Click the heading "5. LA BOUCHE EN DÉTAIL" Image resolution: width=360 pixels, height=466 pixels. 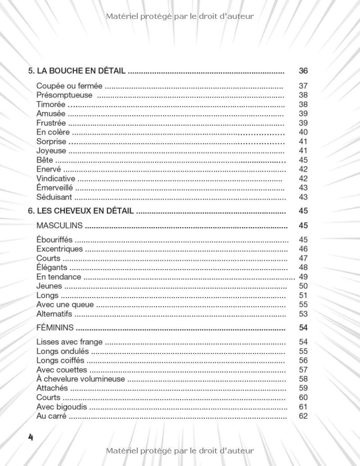(77, 71)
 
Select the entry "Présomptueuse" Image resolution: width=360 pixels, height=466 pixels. (64, 95)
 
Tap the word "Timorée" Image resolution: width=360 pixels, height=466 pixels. (51, 105)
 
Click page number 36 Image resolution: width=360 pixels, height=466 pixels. (303, 71)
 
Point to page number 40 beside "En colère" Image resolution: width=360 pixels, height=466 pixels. (303, 132)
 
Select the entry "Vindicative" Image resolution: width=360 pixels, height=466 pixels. (56, 179)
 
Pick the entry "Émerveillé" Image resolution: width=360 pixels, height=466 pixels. (55, 188)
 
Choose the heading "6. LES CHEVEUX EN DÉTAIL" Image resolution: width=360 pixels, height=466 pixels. (81, 211)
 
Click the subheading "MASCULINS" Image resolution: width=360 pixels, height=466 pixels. (59, 226)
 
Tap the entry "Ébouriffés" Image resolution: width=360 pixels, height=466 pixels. (54, 240)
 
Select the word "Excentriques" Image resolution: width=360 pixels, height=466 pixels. (59, 249)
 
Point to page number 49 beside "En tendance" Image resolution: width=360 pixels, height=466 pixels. (303, 277)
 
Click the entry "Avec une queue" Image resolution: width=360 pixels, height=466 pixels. (65, 305)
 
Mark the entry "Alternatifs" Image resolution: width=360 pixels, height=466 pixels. (54, 314)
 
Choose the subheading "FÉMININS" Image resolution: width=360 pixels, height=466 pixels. (55, 327)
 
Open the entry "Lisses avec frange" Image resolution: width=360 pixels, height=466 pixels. (69, 342)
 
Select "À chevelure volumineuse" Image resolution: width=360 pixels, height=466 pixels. (80, 379)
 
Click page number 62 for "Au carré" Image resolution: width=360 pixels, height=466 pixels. (303, 416)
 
